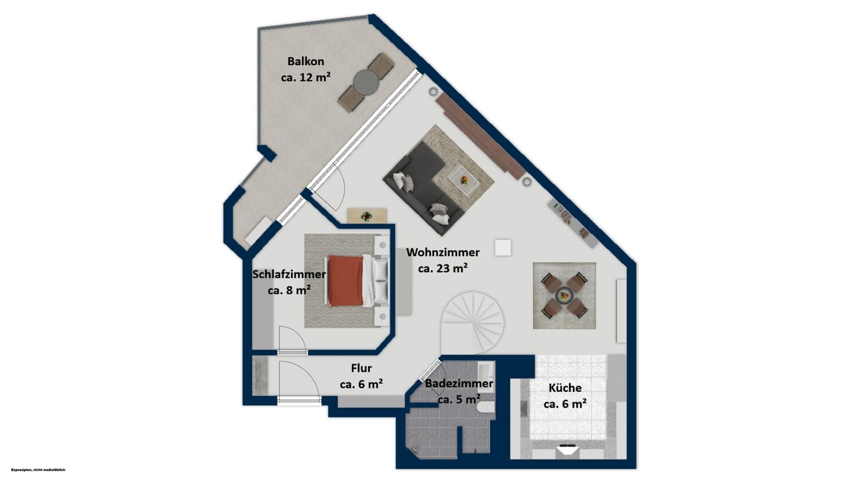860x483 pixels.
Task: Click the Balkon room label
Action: pos(306,61)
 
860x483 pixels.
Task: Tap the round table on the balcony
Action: pos(366,83)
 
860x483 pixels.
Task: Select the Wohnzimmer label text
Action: pos(443,253)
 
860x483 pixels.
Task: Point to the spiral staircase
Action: pos(472,322)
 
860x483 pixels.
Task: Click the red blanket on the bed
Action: pos(346,281)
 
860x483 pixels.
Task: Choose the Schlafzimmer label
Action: pos(289,274)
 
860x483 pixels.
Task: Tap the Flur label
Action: pos(361,368)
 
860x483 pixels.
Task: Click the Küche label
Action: pos(565,388)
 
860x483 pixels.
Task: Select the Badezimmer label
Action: pos(459,383)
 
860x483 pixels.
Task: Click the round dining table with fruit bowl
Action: pos(564,296)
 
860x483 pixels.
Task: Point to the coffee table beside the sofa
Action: pos(464,180)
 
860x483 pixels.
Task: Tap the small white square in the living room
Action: pos(503,248)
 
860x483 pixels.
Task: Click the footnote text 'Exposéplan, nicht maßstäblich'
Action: pos(38,470)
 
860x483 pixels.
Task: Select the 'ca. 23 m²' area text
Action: pos(443,269)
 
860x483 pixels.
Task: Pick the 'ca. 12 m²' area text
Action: pos(306,77)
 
